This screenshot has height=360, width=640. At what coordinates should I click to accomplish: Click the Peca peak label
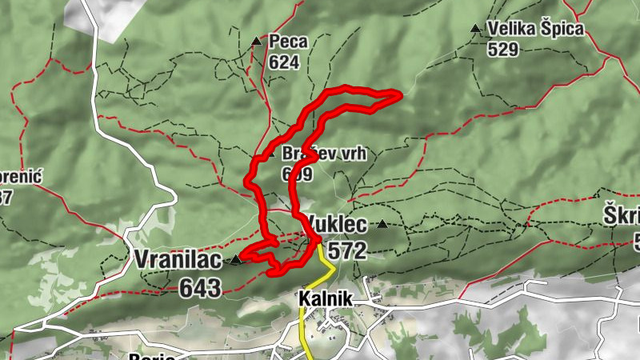click(x=283, y=41)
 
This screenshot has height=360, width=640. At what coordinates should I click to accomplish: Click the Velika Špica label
click(x=536, y=30)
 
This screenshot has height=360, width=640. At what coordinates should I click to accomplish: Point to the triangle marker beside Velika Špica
click(x=476, y=30)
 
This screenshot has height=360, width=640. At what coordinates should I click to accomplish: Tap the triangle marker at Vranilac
click(x=235, y=260)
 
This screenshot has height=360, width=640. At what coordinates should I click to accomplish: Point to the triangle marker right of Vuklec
click(x=382, y=225)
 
